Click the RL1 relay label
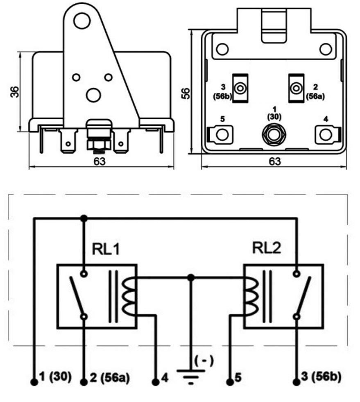(x=106, y=250)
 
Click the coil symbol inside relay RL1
(x=130, y=296)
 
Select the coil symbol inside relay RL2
(x=249, y=296)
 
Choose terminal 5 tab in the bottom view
(x=221, y=134)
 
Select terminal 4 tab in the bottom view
(x=326, y=134)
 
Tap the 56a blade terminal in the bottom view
(x=295, y=88)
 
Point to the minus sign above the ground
(x=203, y=361)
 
